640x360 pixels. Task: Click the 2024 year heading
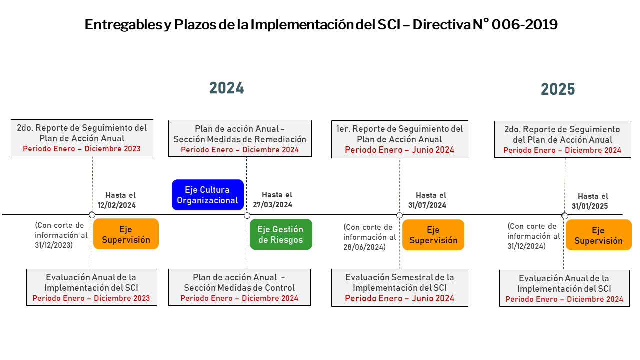point(227,88)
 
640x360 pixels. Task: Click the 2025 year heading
point(558,89)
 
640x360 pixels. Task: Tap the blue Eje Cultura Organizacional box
point(208,195)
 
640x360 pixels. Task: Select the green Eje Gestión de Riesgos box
point(281,234)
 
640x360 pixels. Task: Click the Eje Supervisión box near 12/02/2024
point(126,234)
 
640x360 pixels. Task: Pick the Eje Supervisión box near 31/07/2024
point(433,235)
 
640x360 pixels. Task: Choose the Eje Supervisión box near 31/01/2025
point(599,235)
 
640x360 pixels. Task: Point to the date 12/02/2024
point(117,205)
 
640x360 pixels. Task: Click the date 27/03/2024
point(273,205)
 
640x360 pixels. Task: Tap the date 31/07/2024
point(427,205)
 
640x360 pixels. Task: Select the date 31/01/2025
point(590,206)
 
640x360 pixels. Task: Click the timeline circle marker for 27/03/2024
point(247,215)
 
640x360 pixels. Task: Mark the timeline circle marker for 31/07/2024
point(399,215)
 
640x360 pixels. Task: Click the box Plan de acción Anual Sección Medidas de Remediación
point(240,138)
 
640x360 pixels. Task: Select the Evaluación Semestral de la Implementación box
point(400,288)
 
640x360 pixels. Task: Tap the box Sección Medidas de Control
point(239,287)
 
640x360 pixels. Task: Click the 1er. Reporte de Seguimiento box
point(400,139)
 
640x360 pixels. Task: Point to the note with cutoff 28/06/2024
point(369,237)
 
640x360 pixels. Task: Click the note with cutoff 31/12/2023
point(61,235)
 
